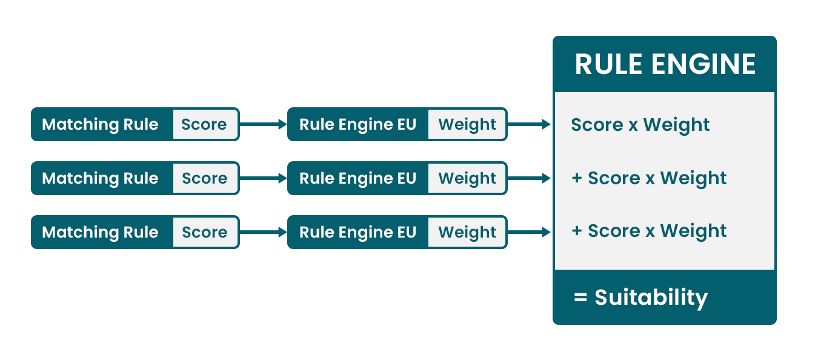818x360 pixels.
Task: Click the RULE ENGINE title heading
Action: pos(665,64)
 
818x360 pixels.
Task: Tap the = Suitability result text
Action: pos(640,298)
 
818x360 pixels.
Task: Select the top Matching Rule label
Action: pos(100,124)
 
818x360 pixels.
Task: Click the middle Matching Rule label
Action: pos(100,178)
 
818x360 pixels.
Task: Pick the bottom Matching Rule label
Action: pos(100,232)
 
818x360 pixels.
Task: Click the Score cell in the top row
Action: pos(205,124)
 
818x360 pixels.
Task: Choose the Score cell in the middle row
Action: pos(205,178)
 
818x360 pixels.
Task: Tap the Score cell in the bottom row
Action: pos(205,232)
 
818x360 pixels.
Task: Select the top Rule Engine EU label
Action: pos(357,124)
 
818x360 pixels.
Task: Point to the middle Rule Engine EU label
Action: pos(357,178)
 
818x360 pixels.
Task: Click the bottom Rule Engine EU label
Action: pos(357,232)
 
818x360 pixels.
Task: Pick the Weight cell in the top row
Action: pos(467,124)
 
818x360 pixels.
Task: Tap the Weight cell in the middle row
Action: pos(467,178)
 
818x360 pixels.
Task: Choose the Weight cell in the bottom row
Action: pos(467,232)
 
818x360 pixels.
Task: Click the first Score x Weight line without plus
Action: pos(640,125)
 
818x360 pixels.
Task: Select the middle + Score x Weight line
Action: pos(649,178)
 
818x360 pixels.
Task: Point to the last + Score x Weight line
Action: pos(649,231)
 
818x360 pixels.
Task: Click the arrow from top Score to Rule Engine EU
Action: pos(263,124)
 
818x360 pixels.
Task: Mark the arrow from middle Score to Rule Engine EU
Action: pos(263,178)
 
